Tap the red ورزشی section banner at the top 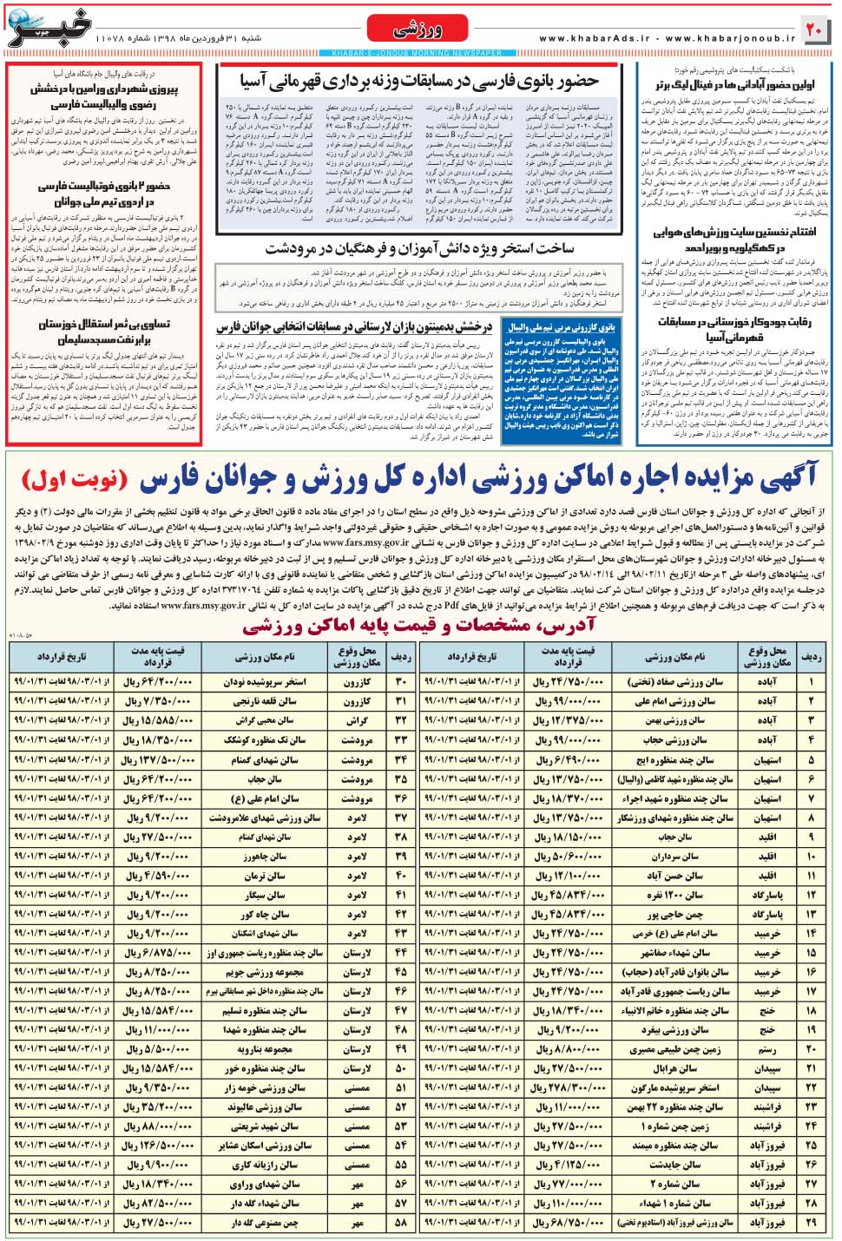[x=417, y=30]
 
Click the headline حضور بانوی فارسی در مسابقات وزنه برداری [x=419, y=82]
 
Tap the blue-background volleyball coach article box [x=562, y=380]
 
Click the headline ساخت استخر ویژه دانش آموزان [x=419, y=249]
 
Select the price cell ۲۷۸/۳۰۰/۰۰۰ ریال [x=567, y=1087]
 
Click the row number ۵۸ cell [x=400, y=1223]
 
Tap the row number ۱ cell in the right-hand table [x=812, y=682]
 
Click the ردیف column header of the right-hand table [x=812, y=657]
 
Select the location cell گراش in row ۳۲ [x=357, y=721]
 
